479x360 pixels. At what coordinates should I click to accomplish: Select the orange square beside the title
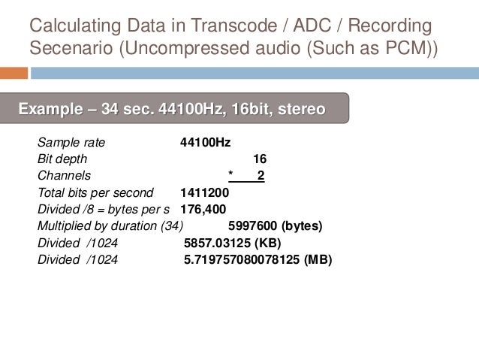14,74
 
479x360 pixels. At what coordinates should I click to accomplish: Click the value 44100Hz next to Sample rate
205,142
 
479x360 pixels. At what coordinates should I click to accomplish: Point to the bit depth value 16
260,159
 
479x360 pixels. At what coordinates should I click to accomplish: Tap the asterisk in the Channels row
230,175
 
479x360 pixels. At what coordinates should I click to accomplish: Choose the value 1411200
205,192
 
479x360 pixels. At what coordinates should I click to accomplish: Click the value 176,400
203,209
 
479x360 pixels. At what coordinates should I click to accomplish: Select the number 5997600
252,225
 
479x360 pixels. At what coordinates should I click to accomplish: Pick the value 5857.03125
218,243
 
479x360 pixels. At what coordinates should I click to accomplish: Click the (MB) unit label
318,259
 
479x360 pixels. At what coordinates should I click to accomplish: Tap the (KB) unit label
267,243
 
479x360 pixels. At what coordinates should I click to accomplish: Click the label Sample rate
71,142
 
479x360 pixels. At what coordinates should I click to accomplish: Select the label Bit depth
62,159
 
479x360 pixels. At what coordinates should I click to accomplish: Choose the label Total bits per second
95,192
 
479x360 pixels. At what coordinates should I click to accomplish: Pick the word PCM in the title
399,49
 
